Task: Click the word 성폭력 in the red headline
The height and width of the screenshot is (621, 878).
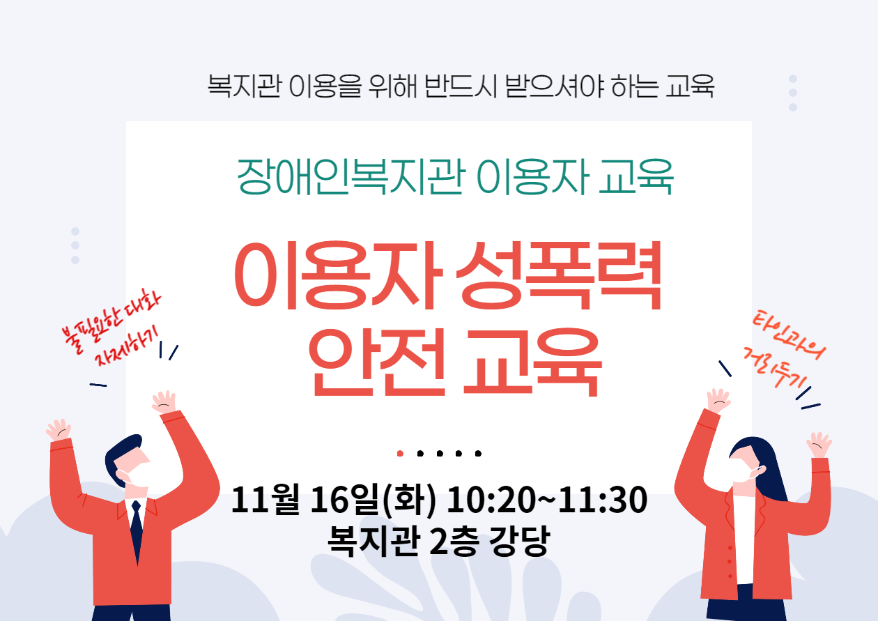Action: (559, 276)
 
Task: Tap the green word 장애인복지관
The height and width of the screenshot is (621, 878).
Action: (351, 177)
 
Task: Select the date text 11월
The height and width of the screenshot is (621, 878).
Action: (265, 499)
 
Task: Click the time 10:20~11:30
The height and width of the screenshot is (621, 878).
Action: (547, 500)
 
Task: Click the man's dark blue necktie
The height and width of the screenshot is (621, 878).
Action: (137, 532)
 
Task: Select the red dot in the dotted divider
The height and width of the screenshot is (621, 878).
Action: (400, 454)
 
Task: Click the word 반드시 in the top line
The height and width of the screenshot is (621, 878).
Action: (461, 86)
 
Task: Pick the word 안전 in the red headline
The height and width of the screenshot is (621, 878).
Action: (377, 362)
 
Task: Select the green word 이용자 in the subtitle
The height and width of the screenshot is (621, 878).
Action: (533, 177)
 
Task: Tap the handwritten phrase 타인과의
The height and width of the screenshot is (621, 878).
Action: (789, 336)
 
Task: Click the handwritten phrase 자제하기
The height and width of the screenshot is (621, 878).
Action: (126, 346)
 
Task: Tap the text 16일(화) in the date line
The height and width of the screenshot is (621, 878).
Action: (373, 500)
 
